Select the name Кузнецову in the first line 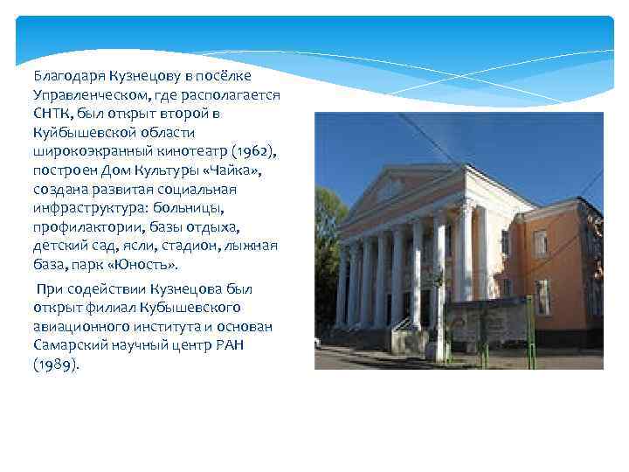(x=143, y=76)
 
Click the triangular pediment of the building (x=397, y=188)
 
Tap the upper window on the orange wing (x=542, y=241)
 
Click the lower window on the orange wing (x=543, y=296)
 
